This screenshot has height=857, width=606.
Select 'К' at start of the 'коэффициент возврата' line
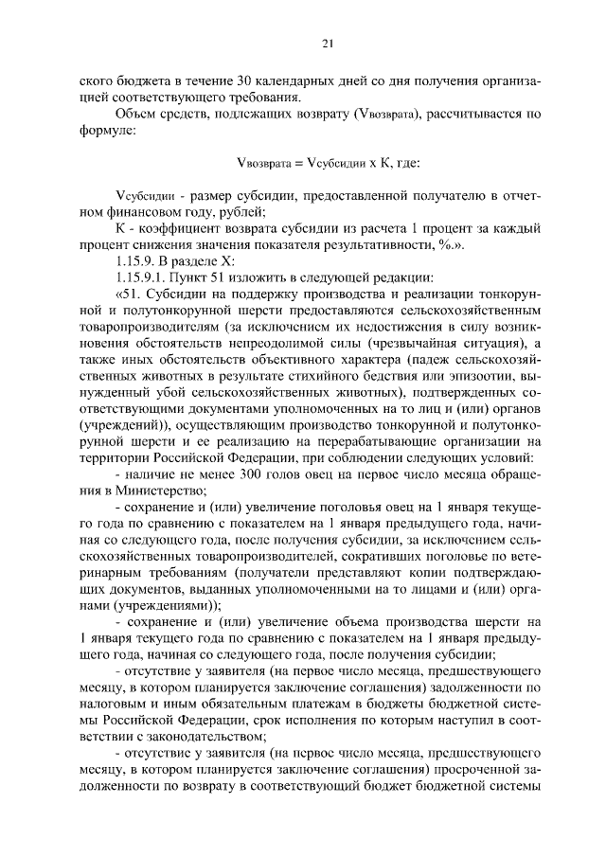click(x=117, y=228)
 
